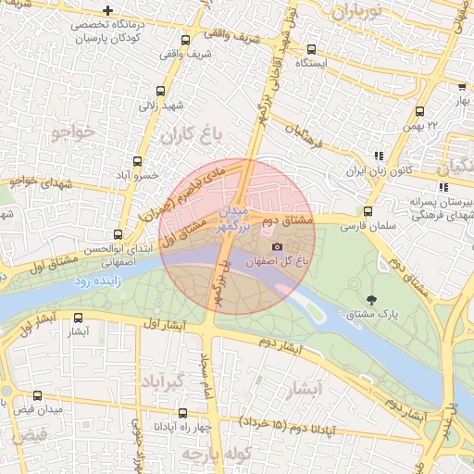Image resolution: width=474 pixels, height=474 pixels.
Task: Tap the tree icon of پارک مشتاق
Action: point(371,299)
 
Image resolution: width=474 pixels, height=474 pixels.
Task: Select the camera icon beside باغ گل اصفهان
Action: point(277,246)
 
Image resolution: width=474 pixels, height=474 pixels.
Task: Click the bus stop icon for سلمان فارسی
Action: point(368,211)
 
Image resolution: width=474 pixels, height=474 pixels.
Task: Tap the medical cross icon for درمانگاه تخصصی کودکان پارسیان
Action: point(108,11)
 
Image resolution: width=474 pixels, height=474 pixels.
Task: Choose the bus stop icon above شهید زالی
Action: point(161,91)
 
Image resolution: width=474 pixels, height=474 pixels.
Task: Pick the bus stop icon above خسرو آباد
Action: point(138,161)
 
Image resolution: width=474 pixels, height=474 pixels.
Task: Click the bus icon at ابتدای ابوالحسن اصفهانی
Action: point(118,234)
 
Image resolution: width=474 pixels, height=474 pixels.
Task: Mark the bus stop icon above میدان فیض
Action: point(37,395)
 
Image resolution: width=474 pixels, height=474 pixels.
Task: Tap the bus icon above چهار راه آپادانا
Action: point(181,413)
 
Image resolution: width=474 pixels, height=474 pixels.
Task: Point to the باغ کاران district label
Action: point(192,136)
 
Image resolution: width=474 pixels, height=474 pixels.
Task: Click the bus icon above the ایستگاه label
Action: point(311,50)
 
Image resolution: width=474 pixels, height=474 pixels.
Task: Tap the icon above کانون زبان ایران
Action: point(377,156)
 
